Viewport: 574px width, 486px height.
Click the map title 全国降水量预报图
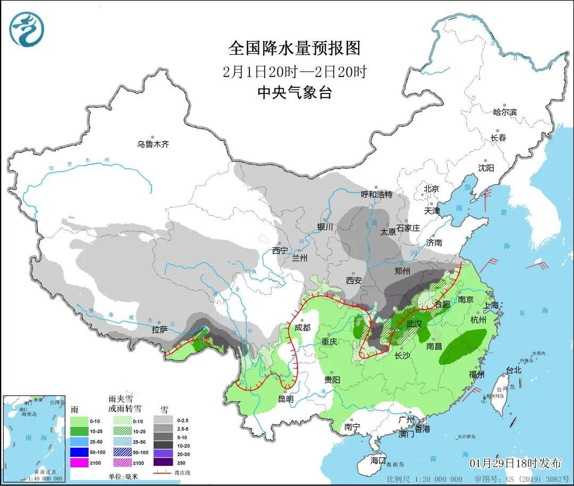[294, 48]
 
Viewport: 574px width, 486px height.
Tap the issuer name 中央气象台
[294, 93]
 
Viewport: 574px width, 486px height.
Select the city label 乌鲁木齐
[153, 144]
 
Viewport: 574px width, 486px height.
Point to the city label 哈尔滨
[504, 112]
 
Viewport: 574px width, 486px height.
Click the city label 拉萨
[159, 330]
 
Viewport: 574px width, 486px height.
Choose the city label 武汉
[413, 323]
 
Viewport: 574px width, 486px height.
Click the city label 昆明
[285, 398]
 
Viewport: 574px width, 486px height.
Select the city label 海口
[378, 460]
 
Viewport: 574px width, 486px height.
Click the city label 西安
[354, 280]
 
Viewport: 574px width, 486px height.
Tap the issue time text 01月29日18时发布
[515, 463]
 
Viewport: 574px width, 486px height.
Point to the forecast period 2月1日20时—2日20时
[294, 71]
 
